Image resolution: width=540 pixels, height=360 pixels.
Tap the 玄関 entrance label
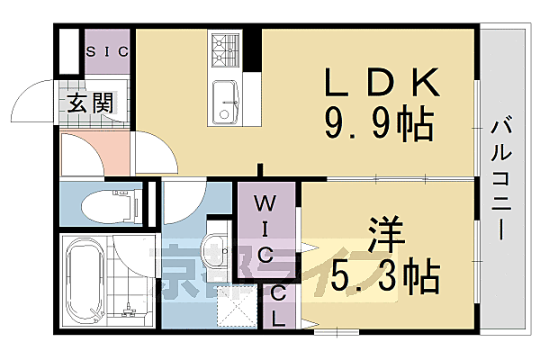(x=91, y=103)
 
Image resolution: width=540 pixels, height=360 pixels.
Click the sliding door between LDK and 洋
(x=378, y=177)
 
